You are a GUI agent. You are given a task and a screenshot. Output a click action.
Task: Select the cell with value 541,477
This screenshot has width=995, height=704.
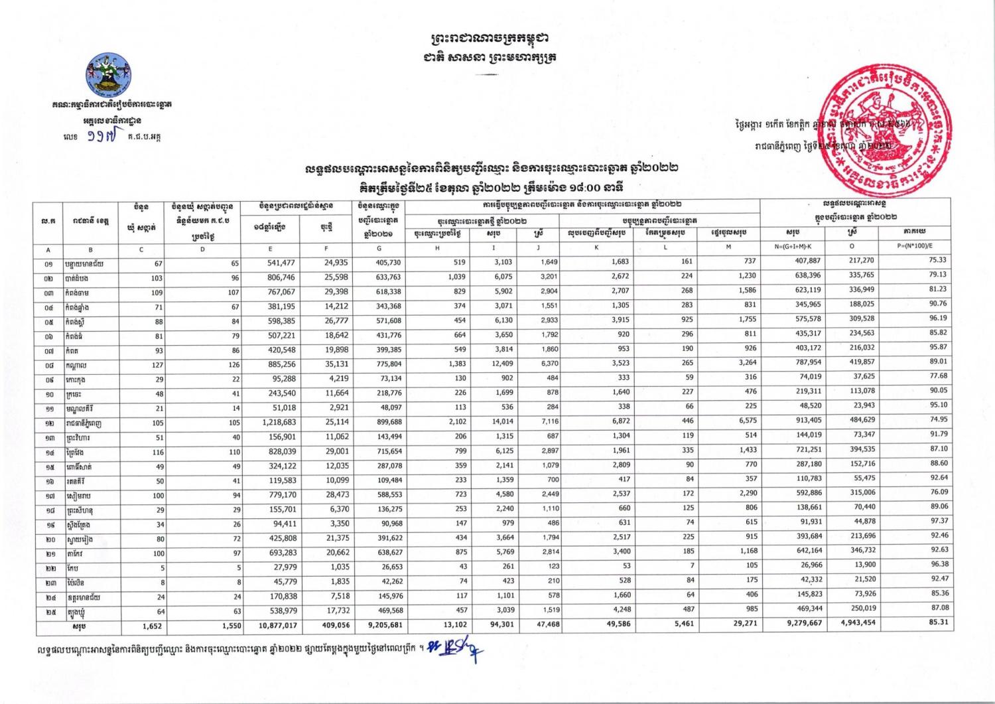279,263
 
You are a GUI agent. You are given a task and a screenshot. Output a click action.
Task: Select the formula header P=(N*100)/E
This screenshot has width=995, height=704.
915,246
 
